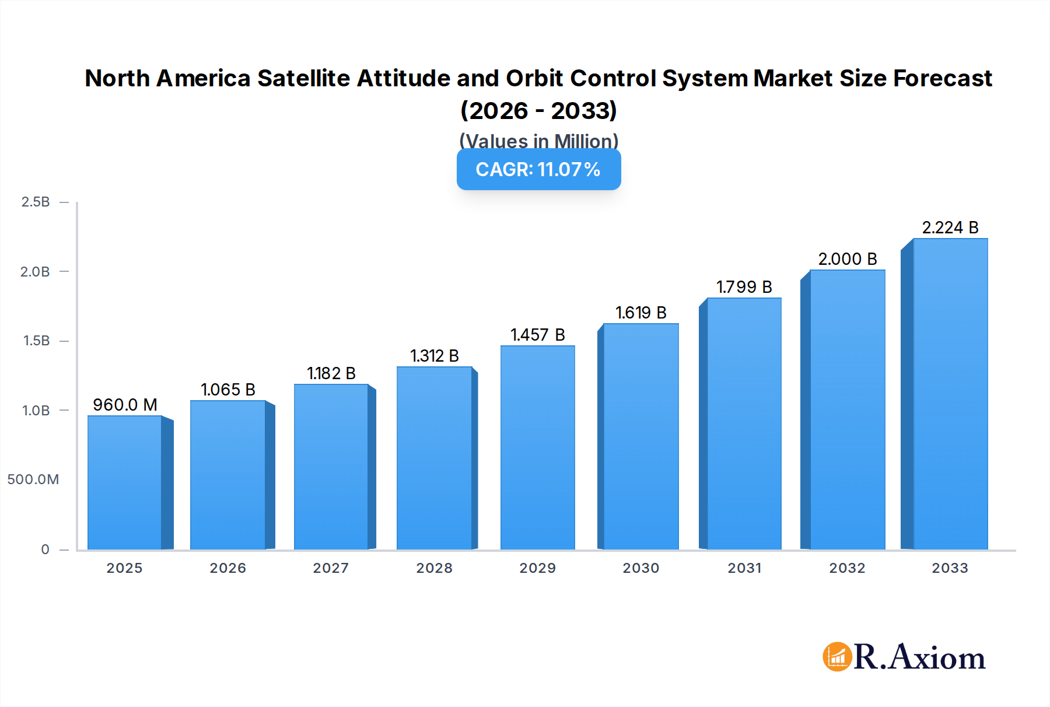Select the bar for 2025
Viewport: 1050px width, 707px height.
pos(125,483)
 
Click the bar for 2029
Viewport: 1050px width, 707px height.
pos(537,448)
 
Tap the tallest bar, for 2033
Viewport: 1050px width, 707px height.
pos(950,394)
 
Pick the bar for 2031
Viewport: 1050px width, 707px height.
pos(744,424)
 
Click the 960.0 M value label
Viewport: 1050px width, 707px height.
pos(125,405)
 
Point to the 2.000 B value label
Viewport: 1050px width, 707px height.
pos(847,259)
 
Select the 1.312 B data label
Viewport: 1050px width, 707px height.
pos(434,356)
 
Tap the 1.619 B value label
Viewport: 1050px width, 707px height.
pos(640,313)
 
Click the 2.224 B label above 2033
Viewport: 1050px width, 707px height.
pos(950,228)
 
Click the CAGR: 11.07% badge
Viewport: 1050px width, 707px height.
pos(538,170)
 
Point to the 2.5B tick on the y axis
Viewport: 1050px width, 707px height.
pos(36,202)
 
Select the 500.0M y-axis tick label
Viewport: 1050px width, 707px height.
pos(33,480)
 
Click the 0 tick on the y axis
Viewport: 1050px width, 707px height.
pos(45,549)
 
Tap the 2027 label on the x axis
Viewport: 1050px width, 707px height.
pos(331,568)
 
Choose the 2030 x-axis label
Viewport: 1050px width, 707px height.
pos(640,568)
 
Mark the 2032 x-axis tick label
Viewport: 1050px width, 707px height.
pos(847,568)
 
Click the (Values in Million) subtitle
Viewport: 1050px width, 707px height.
pos(538,141)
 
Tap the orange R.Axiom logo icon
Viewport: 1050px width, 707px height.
pos(837,657)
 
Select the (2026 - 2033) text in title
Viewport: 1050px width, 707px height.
pos(538,110)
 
